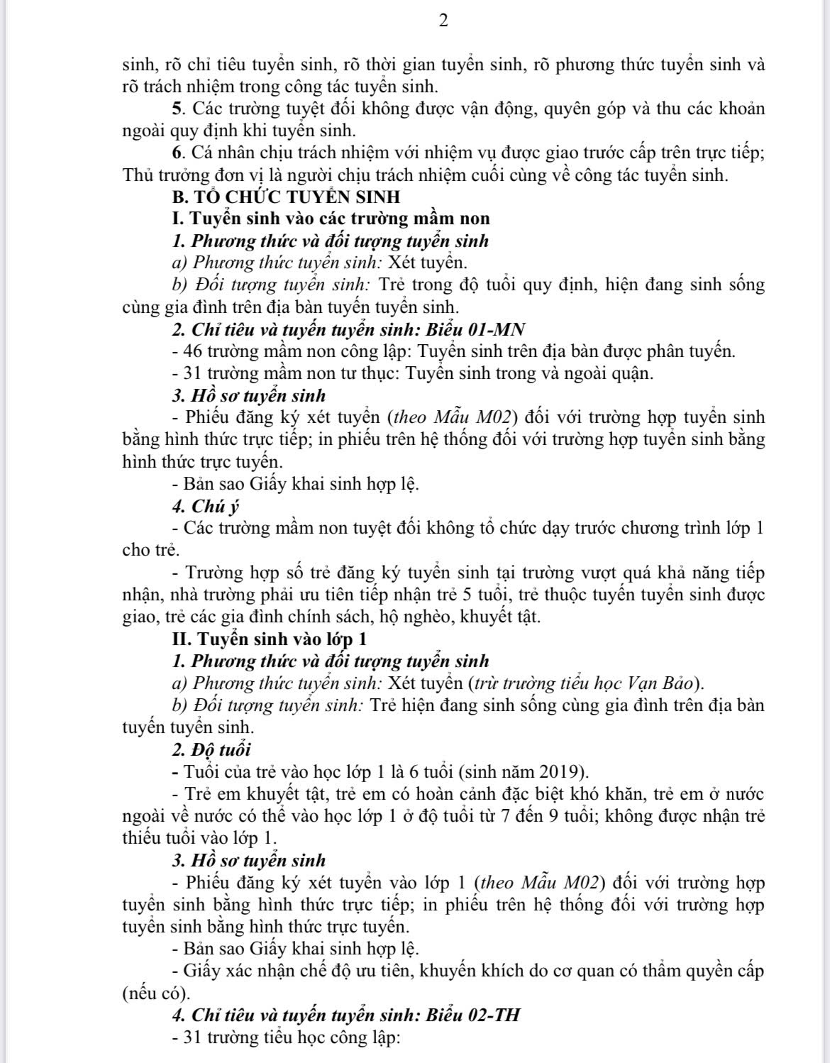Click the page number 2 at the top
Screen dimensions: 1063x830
pos(444,21)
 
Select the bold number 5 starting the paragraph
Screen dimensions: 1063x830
pos(177,109)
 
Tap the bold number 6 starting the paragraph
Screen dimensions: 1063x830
pos(177,153)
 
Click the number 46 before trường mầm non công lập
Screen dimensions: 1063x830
pos(193,351)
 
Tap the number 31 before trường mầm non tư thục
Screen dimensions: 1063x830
pos(193,373)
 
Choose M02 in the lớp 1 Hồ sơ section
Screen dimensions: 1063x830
pos(582,883)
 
